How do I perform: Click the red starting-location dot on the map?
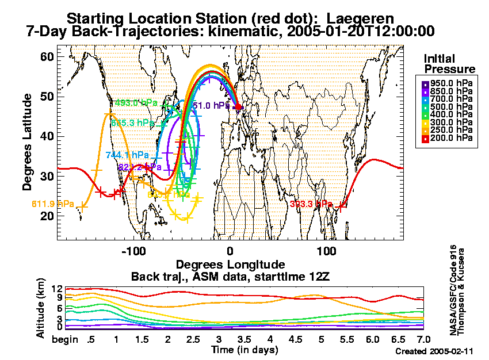(x=239, y=107)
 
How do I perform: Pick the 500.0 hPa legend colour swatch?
(x=426, y=106)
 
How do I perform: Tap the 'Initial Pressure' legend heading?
(x=449, y=64)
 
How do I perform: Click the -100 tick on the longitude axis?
(x=134, y=251)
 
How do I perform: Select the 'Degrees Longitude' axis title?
(x=230, y=265)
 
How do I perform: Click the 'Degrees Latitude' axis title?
(x=27, y=143)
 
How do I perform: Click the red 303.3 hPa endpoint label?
(x=311, y=204)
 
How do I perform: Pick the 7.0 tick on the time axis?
(x=423, y=340)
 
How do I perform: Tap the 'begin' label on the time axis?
(x=64, y=340)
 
